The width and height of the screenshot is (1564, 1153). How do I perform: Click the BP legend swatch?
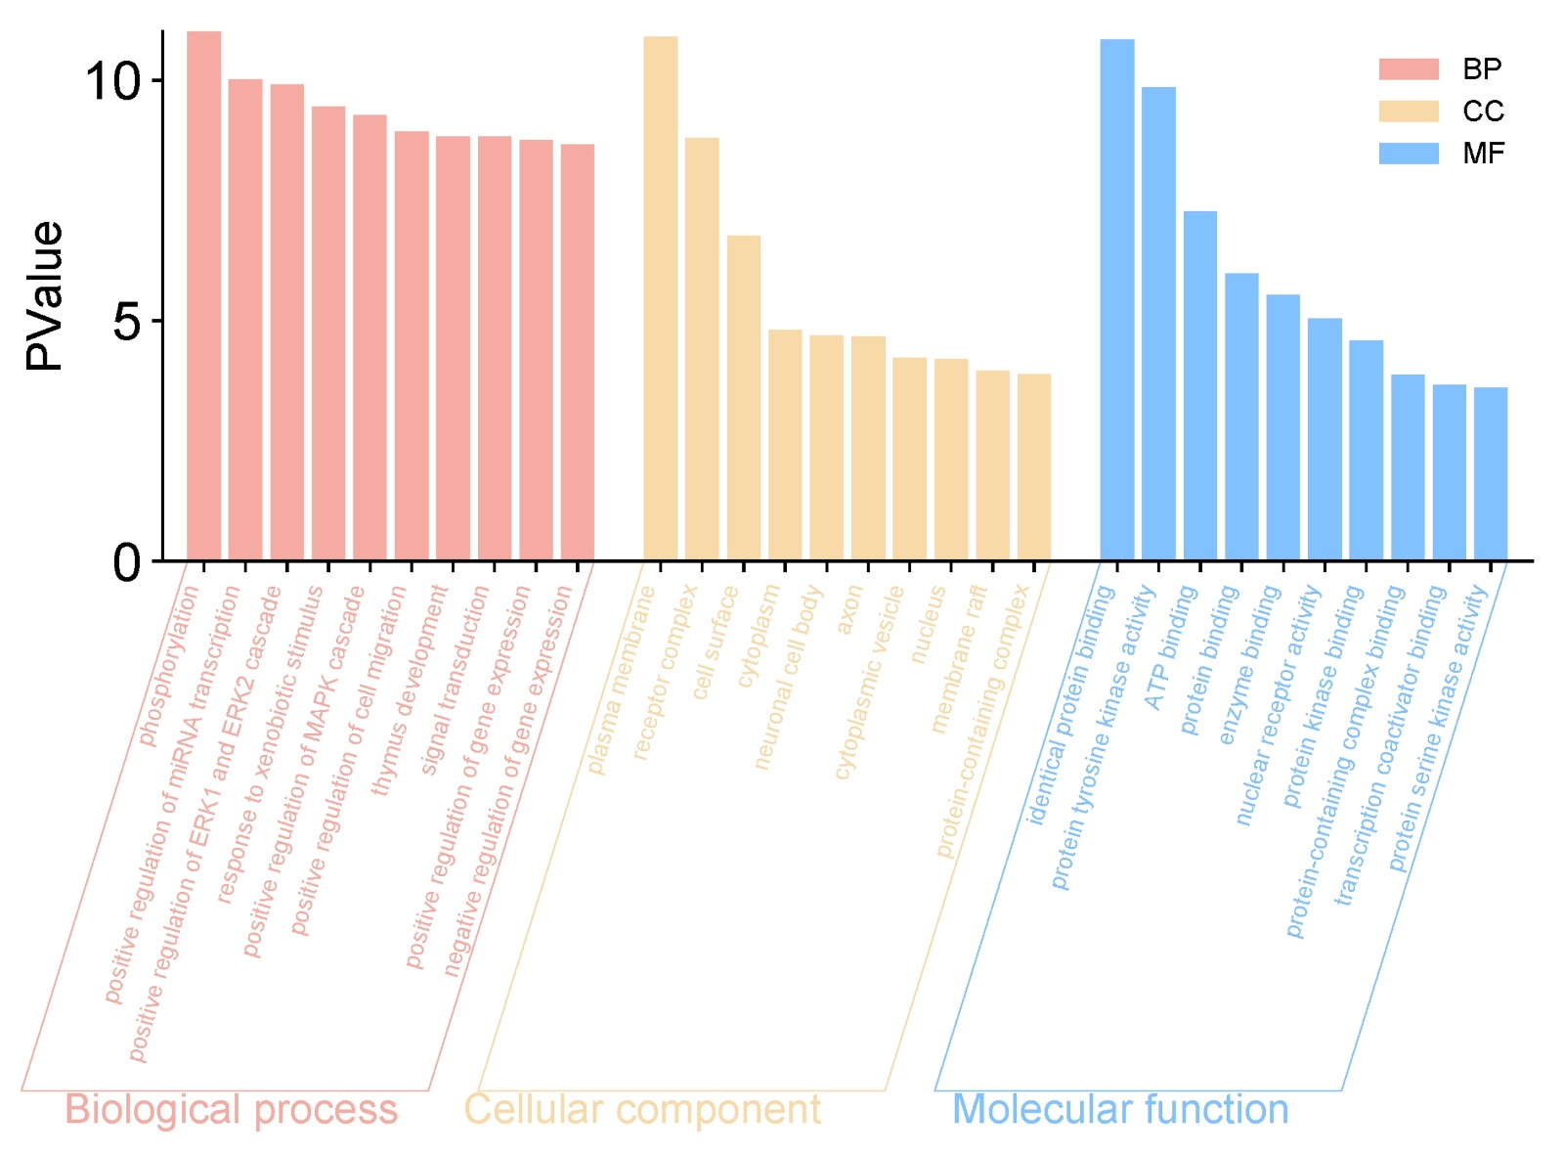[1408, 69]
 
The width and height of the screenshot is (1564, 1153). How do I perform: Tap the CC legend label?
[1482, 111]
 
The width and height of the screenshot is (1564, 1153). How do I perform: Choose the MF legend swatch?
[1408, 154]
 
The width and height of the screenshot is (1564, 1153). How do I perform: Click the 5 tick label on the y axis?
[127, 321]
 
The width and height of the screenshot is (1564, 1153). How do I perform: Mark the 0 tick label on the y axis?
[127, 562]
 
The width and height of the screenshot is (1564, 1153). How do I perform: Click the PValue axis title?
[45, 295]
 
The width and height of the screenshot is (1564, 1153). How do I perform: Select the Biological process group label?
[231, 1110]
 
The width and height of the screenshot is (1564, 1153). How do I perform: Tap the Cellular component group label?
[642, 1110]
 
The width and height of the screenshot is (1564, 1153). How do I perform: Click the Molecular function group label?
[1119, 1110]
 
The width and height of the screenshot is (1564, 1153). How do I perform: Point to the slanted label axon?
[848, 609]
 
